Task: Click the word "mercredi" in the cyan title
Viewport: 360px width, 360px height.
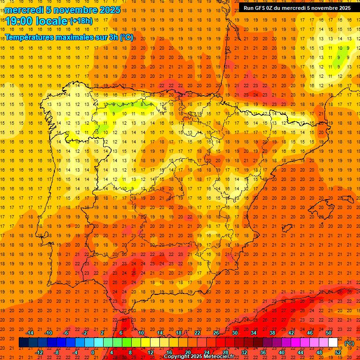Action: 25,10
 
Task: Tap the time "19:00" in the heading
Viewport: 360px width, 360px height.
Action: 20,21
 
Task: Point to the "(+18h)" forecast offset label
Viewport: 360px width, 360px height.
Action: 81,21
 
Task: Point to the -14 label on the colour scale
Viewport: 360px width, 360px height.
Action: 30,333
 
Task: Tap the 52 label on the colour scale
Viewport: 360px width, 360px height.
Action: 338,352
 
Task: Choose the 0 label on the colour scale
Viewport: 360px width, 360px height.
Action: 93,352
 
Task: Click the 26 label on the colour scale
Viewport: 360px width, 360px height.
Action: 216,333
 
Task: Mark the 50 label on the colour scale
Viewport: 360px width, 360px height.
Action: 329,333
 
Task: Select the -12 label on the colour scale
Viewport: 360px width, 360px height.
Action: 39,352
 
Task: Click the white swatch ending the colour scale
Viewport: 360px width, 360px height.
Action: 333,343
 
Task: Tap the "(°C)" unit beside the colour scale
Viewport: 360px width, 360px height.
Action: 349,343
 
